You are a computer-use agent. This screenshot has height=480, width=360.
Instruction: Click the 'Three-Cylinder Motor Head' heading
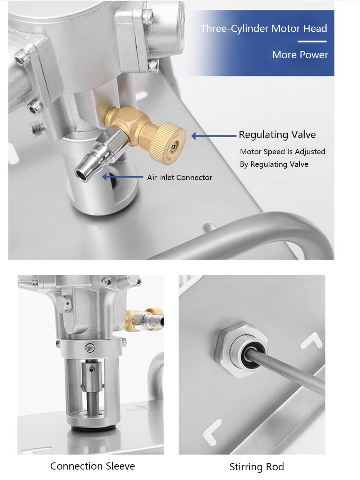pos(264,29)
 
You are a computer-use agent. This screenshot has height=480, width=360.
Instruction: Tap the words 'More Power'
pos(300,55)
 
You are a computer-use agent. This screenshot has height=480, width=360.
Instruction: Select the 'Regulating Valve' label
pos(277,135)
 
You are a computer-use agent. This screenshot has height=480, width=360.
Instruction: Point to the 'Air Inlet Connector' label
pos(179,177)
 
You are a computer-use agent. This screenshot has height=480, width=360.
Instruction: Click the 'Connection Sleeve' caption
pos(92,466)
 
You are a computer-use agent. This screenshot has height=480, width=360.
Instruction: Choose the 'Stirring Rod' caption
pos(257,467)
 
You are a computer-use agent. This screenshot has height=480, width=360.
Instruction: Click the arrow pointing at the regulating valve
pos(214,136)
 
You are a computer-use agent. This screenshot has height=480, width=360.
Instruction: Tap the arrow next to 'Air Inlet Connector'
pos(123,177)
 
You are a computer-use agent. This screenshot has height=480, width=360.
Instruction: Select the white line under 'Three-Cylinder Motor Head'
pos(312,41)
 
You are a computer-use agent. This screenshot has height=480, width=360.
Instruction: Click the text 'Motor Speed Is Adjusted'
pos(283,151)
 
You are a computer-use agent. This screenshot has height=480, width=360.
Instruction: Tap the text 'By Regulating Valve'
pos(274,164)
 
